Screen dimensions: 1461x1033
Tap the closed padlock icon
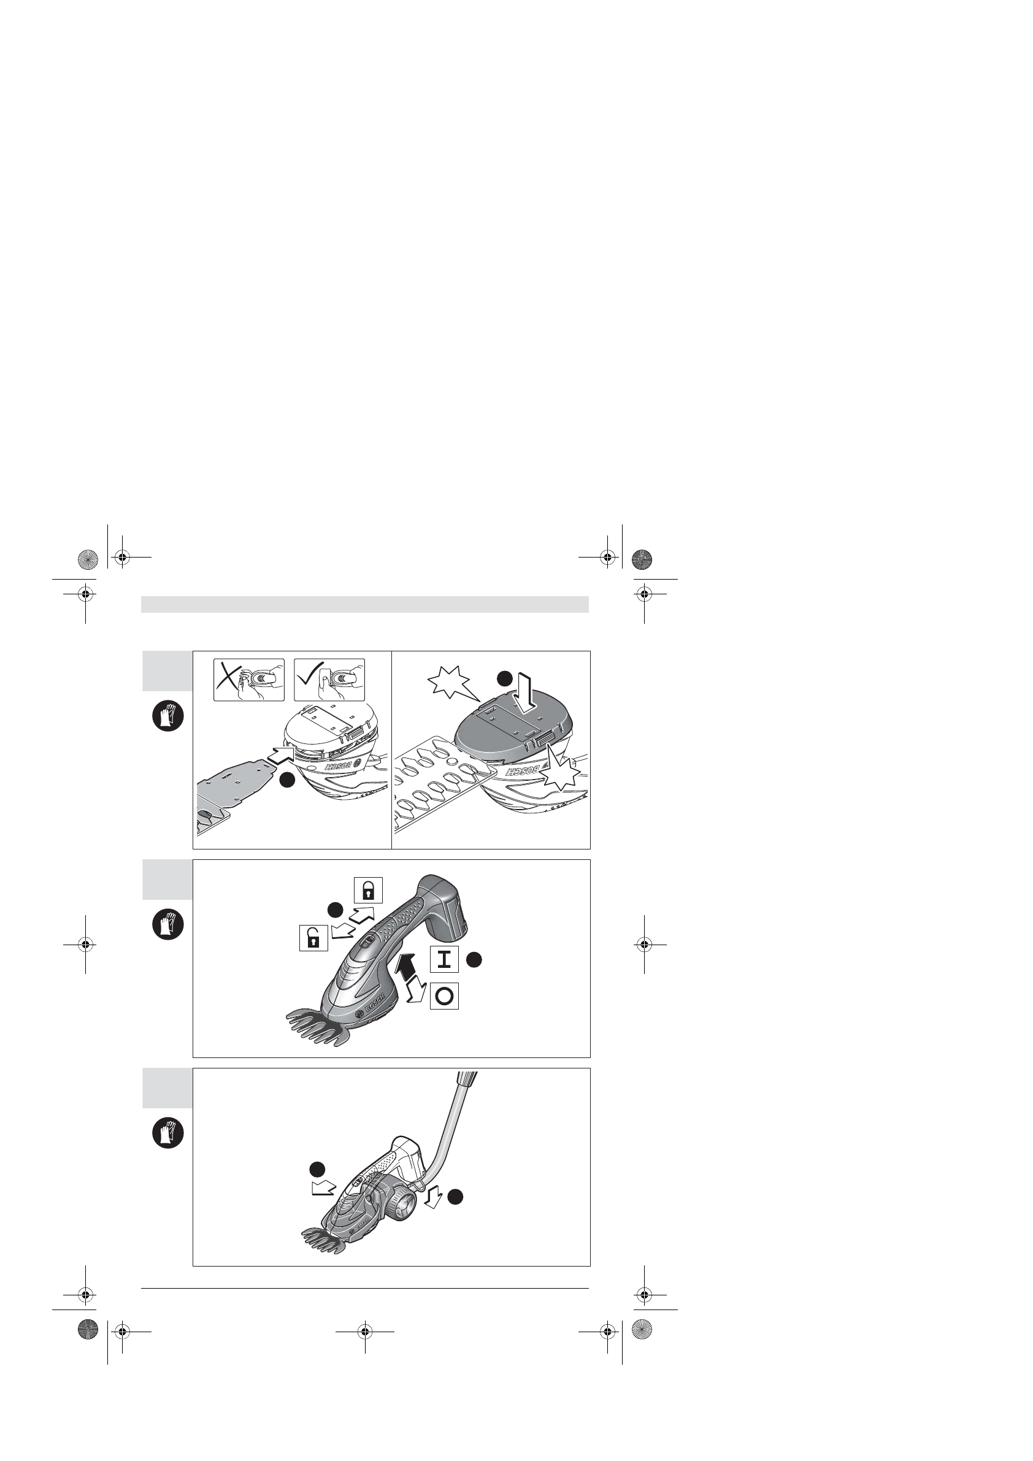(x=368, y=890)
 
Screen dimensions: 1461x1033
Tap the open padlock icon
(x=313, y=938)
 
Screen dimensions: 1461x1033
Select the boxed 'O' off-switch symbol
(x=445, y=996)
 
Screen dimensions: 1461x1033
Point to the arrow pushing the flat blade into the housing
(x=281, y=757)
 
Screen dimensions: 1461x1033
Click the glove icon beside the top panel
(x=168, y=716)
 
